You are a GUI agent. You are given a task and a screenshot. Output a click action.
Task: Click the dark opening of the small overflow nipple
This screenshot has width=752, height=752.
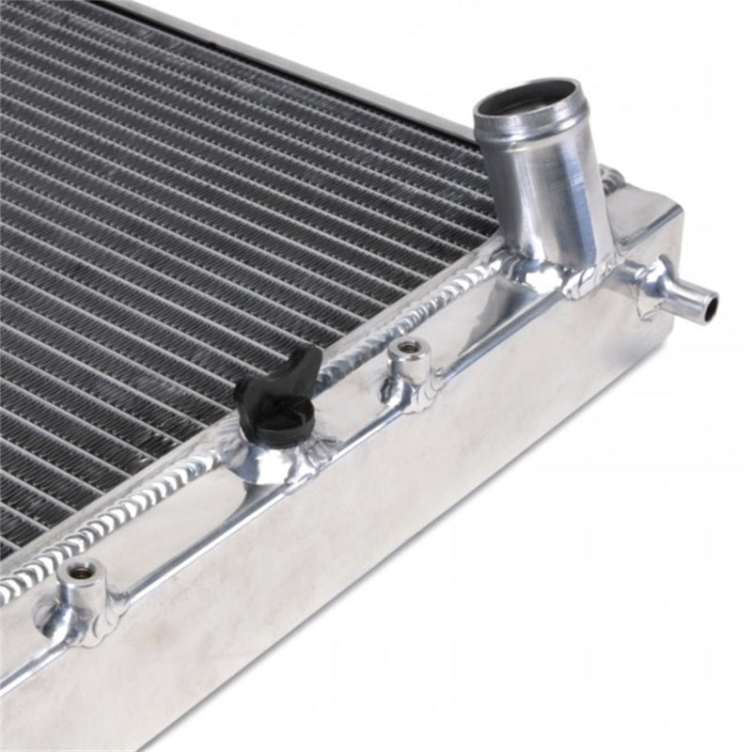point(710,305)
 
